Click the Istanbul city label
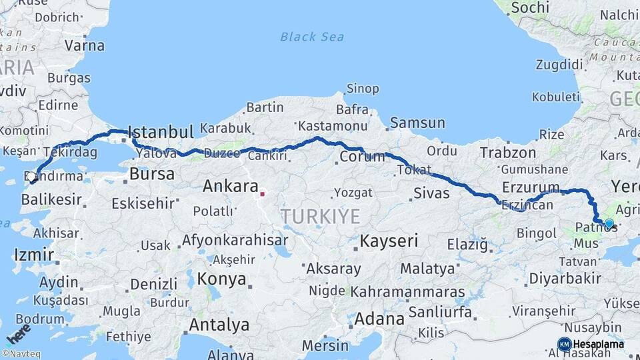pyautogui.click(x=160, y=131)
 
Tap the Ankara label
pyautogui.click(x=230, y=186)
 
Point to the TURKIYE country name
pyautogui.click(x=320, y=216)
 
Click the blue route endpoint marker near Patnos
pyautogui.click(x=608, y=223)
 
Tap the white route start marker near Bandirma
pyautogui.click(x=32, y=177)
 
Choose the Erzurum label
pyautogui.click(x=531, y=186)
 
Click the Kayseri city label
pyautogui.click(x=389, y=241)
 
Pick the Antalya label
pyautogui.click(x=219, y=325)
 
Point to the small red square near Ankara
pyautogui.click(x=263, y=194)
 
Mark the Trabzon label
pyautogui.click(x=508, y=153)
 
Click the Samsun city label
pyautogui.click(x=417, y=123)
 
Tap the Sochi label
pyautogui.click(x=531, y=8)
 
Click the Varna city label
pyautogui.click(x=84, y=46)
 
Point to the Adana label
pyautogui.click(x=379, y=319)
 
